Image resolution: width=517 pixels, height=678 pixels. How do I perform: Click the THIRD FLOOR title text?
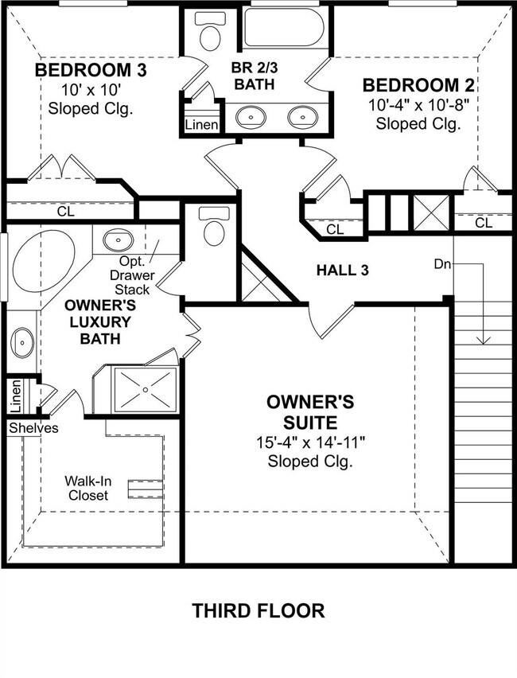258,611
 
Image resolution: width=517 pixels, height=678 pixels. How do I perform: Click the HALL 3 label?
342,271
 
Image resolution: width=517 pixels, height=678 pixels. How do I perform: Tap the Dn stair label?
442,263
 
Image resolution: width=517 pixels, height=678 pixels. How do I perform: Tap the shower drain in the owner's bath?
146,389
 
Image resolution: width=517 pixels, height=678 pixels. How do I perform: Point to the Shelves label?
33,428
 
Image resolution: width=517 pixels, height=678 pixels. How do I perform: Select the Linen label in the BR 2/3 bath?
201,125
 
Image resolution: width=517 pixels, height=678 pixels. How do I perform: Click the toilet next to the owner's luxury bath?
212,227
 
